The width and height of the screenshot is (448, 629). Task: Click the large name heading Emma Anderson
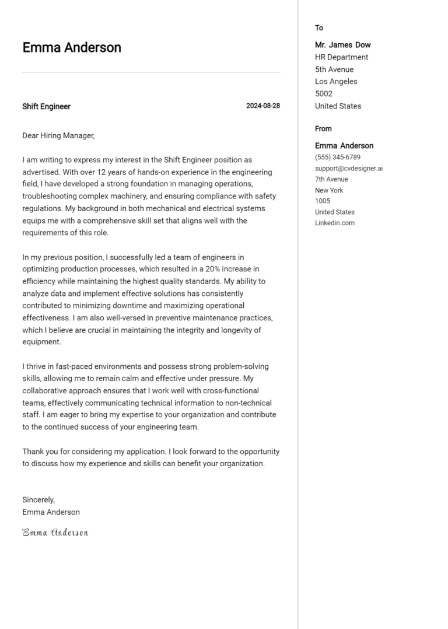[x=72, y=48]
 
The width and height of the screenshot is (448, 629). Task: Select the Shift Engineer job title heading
[x=46, y=106]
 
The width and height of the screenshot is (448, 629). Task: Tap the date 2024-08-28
[x=262, y=106]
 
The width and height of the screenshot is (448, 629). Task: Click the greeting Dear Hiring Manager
[x=58, y=135]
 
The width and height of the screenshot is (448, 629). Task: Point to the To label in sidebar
[x=319, y=28]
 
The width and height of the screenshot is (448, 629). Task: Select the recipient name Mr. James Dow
[x=342, y=45]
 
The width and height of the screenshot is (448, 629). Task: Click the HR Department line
[x=341, y=57]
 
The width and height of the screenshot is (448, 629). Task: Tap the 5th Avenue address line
[x=334, y=69]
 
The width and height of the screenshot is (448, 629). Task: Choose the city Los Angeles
[x=336, y=82]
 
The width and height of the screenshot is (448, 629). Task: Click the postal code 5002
[x=324, y=94]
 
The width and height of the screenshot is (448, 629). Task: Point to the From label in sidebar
[x=323, y=129]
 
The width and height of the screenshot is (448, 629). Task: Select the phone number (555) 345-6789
[x=337, y=158]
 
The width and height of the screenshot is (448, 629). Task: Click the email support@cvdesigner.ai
[x=349, y=169]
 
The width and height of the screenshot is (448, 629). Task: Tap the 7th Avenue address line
[x=331, y=179]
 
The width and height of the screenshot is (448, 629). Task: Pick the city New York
[x=329, y=190]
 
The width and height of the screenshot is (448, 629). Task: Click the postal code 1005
[x=323, y=201]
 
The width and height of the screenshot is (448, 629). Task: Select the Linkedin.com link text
[x=335, y=223]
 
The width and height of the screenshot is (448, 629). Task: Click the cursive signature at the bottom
[x=55, y=532]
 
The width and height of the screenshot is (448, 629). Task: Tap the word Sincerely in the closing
[x=38, y=500]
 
